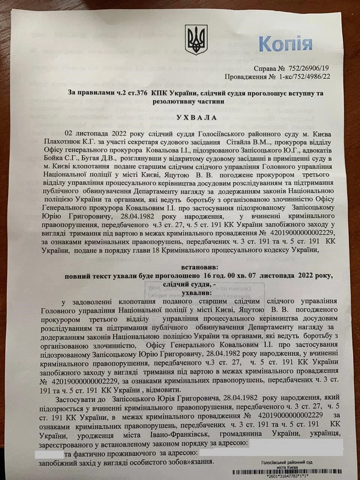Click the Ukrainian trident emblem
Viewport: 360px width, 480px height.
196,40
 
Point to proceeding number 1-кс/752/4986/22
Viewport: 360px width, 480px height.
303,78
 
